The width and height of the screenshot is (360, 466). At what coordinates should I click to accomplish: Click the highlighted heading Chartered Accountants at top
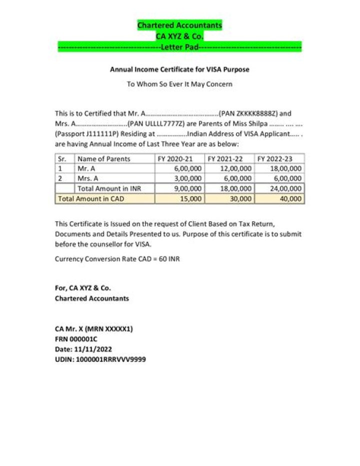(x=179, y=25)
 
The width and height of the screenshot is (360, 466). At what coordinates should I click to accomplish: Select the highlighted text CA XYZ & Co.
(x=179, y=36)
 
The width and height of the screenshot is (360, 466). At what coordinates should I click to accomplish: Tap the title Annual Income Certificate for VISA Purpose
(x=179, y=70)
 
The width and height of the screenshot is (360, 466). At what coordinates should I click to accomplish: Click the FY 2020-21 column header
(x=175, y=159)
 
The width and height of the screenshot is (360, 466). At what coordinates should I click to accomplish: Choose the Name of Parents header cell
(x=104, y=159)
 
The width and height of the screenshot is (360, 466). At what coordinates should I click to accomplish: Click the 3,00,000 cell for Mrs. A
(x=187, y=179)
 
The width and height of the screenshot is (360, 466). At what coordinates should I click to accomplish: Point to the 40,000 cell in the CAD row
(x=291, y=199)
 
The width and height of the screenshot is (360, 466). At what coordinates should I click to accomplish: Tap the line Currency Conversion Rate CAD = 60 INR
(x=117, y=259)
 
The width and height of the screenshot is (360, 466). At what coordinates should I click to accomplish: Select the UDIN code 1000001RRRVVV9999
(x=110, y=359)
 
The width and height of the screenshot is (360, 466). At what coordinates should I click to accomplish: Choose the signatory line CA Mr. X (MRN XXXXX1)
(x=94, y=329)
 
